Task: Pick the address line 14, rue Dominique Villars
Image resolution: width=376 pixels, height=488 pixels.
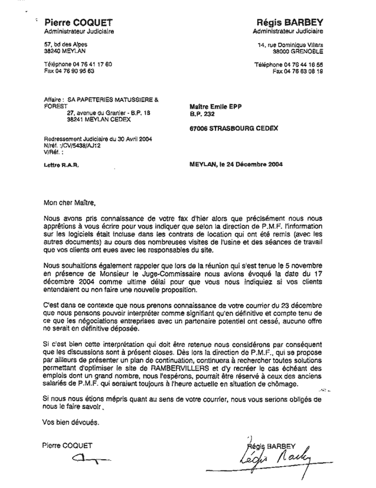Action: coord(297,45)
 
